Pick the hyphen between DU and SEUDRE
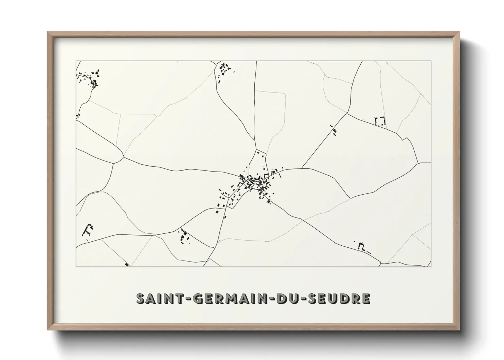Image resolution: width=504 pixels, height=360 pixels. click(303, 299)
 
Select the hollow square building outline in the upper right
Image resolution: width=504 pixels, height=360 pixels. click(380, 121)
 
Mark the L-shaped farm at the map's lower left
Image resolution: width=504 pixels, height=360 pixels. click(88, 230)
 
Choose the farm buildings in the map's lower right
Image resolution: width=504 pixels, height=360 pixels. click(362, 246)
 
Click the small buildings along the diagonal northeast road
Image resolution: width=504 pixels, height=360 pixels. click(334, 131)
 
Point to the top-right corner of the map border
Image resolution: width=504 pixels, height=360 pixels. click(431, 61)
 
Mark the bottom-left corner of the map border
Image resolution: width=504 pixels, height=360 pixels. click(76, 266)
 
